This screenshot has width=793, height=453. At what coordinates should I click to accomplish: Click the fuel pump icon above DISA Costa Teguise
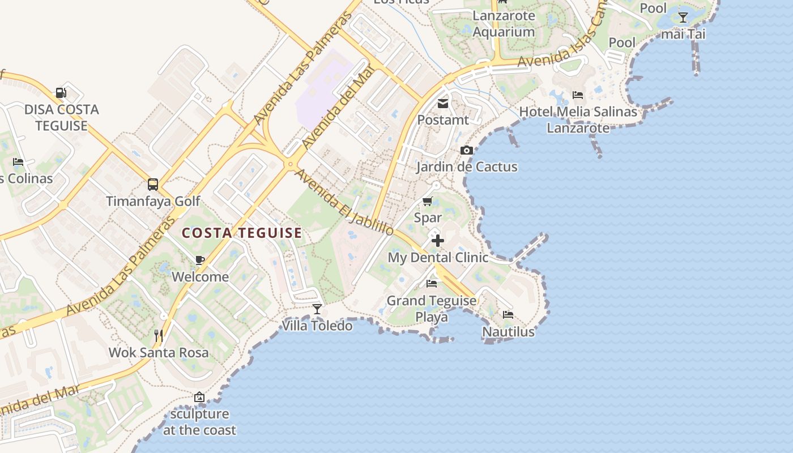[61, 93]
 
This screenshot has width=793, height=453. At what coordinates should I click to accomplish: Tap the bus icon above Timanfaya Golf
[153, 184]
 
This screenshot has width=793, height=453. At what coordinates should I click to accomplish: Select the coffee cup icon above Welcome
[199, 260]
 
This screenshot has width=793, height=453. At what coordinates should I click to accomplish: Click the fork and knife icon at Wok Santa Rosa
[159, 336]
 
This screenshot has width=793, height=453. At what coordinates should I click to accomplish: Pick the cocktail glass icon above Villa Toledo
[317, 309]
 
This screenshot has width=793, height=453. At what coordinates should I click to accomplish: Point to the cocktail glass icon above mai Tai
[683, 17]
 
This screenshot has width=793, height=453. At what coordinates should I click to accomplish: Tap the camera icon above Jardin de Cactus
[466, 150]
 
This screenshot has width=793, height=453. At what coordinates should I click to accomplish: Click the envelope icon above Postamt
[443, 104]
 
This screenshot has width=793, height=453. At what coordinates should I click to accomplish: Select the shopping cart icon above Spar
[428, 201]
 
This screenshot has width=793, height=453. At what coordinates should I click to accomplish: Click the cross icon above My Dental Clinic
[437, 241]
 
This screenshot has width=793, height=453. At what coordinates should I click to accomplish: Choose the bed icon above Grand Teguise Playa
[432, 284]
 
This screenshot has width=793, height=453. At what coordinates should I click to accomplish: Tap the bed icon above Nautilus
[508, 314]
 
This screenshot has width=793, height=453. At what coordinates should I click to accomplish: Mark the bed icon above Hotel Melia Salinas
[578, 95]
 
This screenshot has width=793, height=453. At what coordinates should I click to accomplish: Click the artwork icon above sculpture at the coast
[199, 397]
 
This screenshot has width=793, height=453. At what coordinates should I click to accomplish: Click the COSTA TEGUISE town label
[242, 233]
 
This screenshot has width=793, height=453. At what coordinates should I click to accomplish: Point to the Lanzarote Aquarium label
[504, 24]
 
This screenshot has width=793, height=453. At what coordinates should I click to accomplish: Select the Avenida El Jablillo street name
[344, 203]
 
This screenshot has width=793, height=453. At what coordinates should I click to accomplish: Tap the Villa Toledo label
[317, 326]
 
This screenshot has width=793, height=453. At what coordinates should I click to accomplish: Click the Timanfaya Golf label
[154, 201]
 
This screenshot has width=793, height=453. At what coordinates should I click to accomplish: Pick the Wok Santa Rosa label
[159, 352]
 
